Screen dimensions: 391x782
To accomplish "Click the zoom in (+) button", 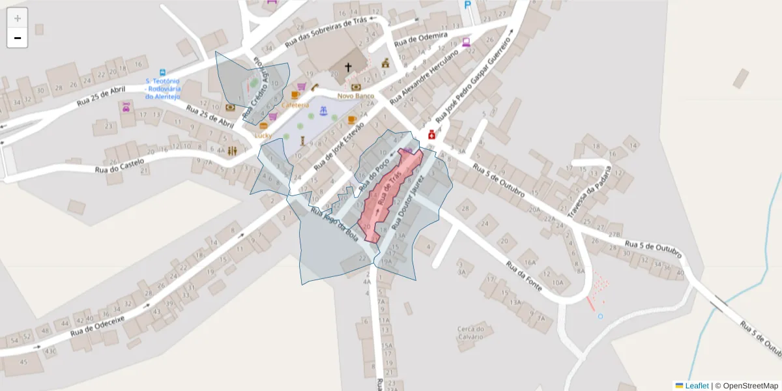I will point(17,18).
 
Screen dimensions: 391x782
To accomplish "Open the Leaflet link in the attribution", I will point(696,386).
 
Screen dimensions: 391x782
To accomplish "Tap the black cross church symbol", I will point(348,66).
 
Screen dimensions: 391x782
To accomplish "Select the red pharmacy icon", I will point(431,135).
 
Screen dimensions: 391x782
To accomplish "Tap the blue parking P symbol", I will point(467,5).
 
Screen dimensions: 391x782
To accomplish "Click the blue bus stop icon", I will point(163,72).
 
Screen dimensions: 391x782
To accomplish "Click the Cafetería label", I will point(295,105).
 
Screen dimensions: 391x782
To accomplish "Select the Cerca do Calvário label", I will point(471,332).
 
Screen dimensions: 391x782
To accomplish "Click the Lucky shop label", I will point(263,135).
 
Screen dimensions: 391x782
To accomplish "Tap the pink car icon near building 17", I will point(126,108).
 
